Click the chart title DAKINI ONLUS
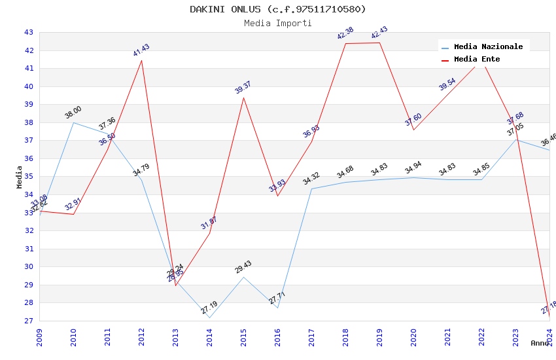coord(278,9)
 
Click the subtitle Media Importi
coord(278,23)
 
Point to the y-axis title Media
coord(20,177)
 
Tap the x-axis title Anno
coord(540,342)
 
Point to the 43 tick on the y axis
coord(28,32)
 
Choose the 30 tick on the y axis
coord(28,266)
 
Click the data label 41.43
coord(141,50)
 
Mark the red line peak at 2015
coord(243,98)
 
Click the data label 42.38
coord(345,33)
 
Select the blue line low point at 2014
coord(209,317)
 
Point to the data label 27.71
coord(277,298)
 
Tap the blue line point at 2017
coord(311,189)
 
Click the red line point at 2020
coord(413,130)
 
